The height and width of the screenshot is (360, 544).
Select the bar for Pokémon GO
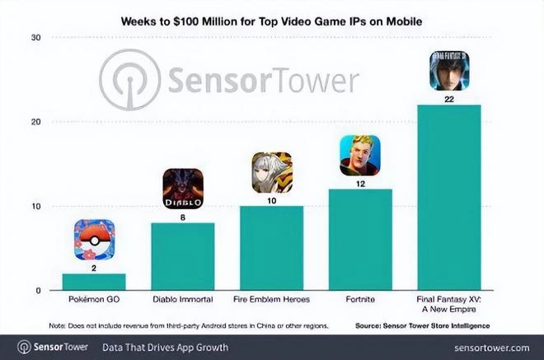point(94,282)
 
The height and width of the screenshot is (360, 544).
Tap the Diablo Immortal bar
point(183,256)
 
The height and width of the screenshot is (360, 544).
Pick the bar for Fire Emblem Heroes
point(271,248)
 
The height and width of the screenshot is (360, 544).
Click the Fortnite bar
point(360,240)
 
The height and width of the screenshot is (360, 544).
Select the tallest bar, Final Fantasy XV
point(449,198)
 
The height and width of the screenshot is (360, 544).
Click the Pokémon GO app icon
point(94,240)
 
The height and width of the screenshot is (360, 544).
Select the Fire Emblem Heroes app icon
point(271,172)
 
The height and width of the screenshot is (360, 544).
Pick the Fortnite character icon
point(360,156)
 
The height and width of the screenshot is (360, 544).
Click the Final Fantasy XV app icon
point(449,72)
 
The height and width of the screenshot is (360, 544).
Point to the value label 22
point(449,100)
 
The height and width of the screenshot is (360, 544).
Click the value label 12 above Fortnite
point(360,183)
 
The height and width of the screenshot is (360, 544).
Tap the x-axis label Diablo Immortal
point(183,302)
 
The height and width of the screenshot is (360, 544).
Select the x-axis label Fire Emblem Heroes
point(271,302)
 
